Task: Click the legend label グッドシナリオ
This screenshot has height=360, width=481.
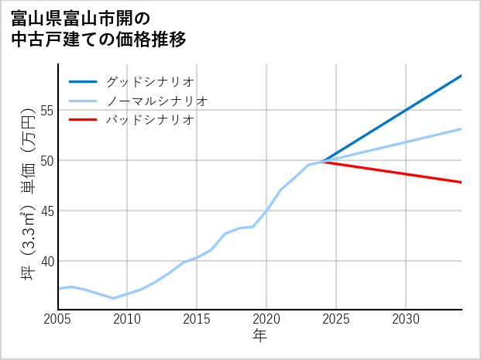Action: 149,81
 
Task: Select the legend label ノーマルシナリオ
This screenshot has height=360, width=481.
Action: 156,101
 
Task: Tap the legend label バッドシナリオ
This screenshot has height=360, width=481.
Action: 149,120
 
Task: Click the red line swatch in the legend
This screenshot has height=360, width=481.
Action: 83,120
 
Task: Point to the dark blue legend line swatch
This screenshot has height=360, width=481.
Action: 83,81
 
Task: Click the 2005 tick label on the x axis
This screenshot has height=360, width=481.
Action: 58,319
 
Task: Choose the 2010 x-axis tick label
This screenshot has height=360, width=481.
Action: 127,319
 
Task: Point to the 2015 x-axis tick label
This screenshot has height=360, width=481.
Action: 197,319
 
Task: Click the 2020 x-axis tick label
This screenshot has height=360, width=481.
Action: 266,319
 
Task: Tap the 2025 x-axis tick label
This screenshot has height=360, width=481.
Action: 336,319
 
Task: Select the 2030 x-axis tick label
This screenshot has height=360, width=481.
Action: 406,319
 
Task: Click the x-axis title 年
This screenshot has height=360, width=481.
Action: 260,336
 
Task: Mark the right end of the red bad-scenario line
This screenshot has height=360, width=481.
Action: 462,182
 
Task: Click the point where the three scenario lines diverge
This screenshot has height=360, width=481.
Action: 322,162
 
